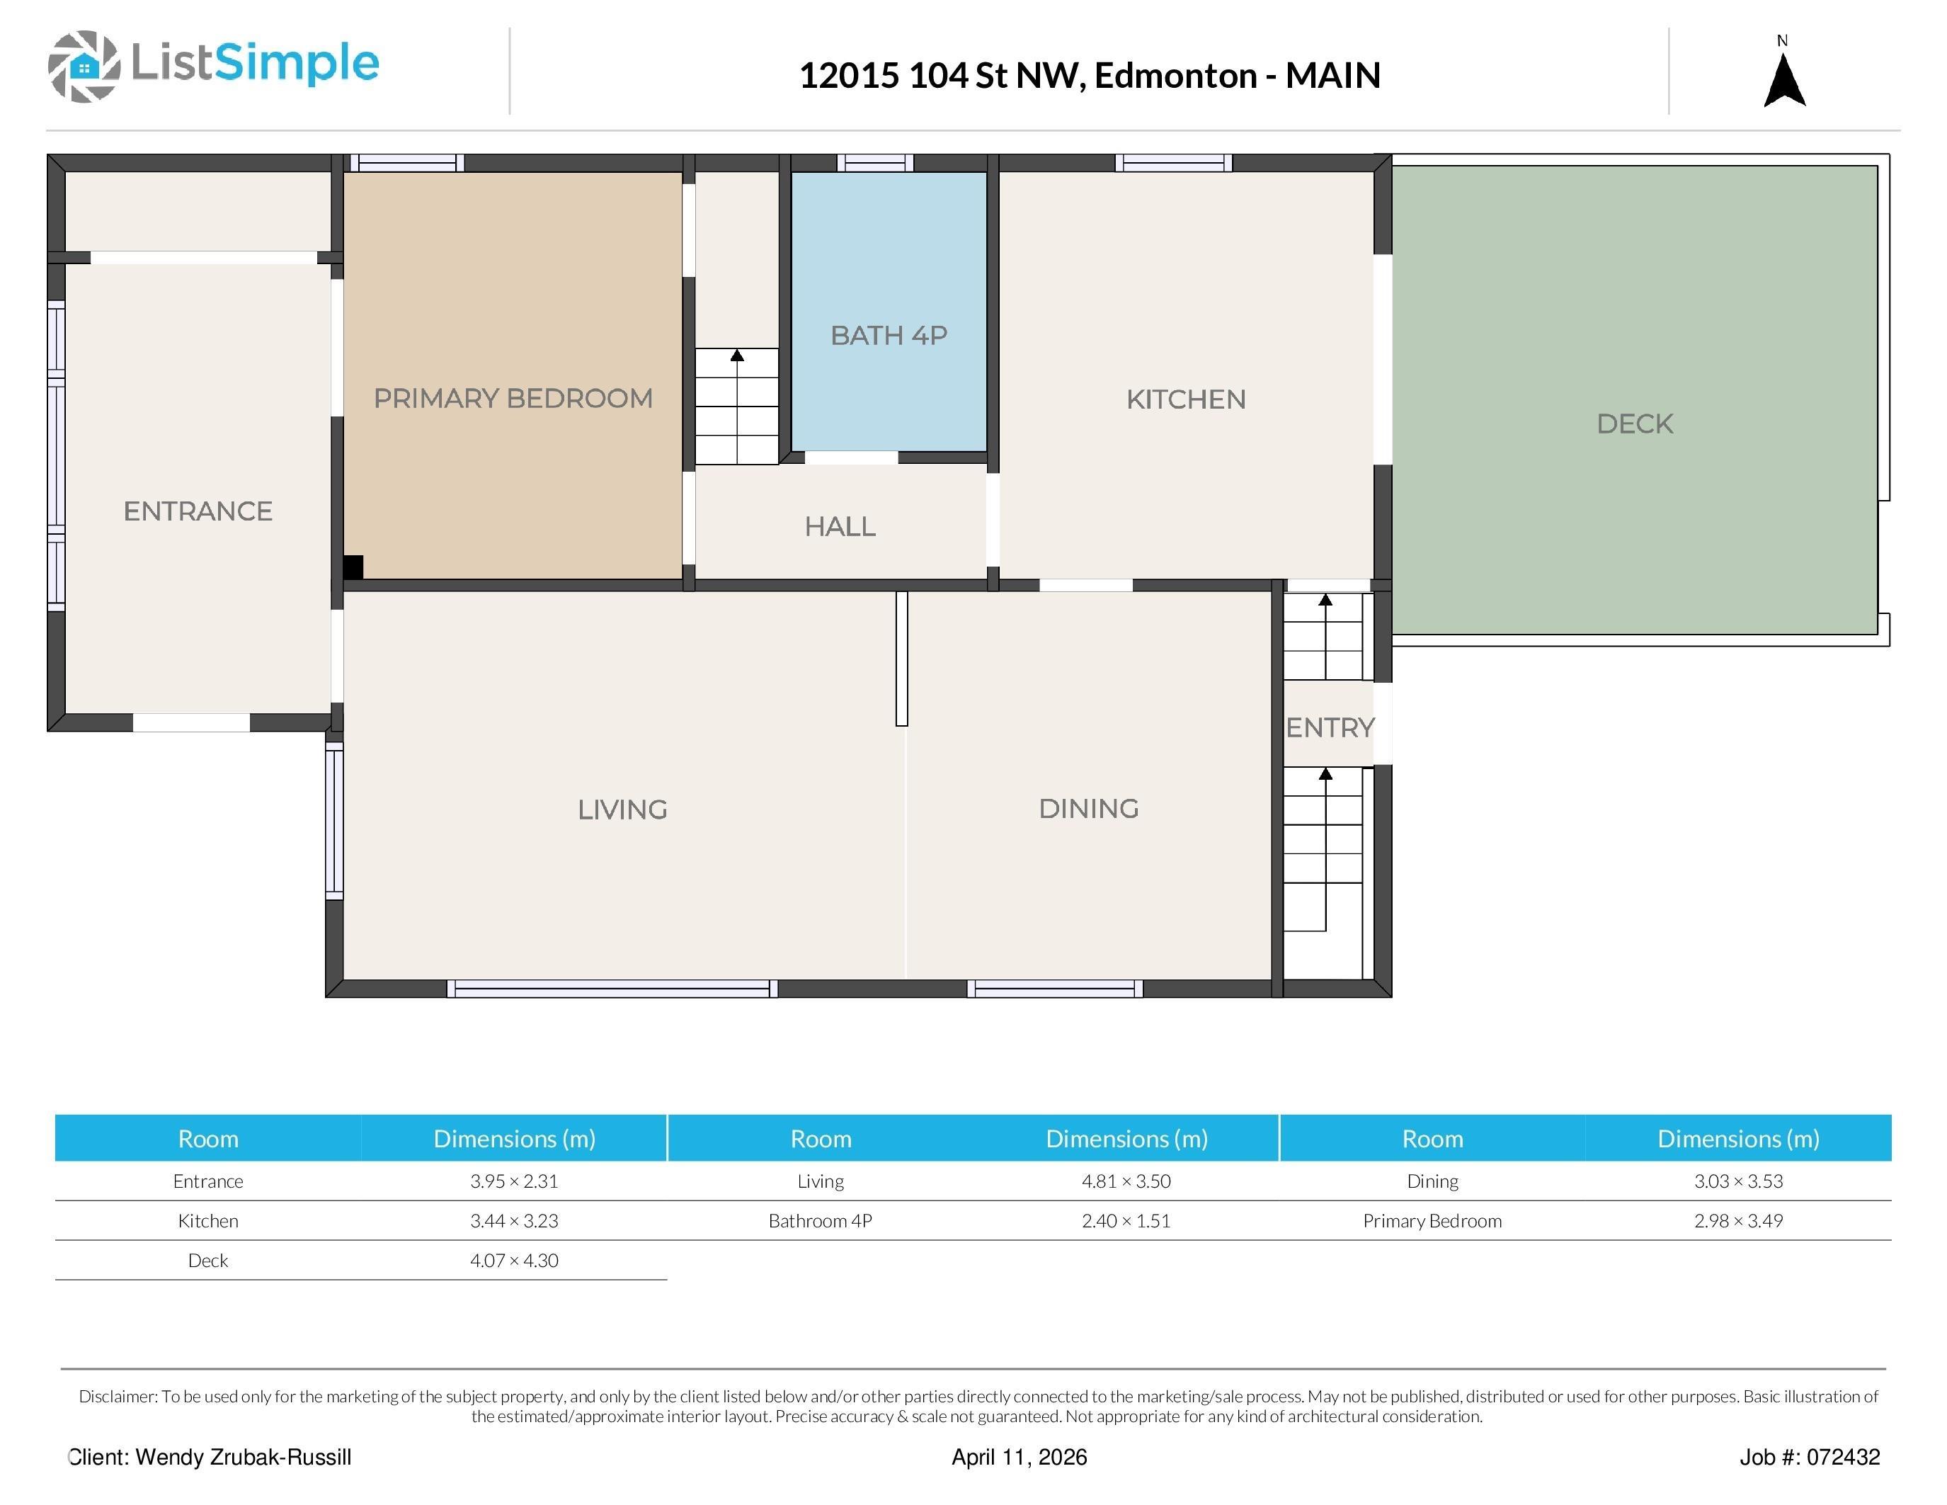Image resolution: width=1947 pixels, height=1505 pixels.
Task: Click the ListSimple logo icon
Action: click(84, 66)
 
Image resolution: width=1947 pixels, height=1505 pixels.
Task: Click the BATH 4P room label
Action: click(889, 335)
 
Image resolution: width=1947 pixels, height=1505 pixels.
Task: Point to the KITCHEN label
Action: click(1186, 399)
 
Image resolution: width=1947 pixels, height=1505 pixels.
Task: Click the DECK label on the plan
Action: click(1635, 424)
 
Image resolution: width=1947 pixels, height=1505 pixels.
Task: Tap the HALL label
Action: click(840, 527)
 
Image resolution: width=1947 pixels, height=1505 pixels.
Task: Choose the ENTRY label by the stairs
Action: click(1330, 727)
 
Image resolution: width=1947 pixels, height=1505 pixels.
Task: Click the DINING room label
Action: click(1088, 809)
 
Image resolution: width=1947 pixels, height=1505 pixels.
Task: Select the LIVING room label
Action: click(622, 810)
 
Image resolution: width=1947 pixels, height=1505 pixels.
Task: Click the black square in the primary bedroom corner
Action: click(353, 567)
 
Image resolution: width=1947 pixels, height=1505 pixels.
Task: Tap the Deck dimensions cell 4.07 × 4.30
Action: click(515, 1261)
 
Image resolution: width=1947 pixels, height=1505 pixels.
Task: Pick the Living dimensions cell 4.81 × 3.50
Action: click(1126, 1181)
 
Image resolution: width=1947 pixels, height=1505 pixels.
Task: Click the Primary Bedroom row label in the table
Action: click(1432, 1222)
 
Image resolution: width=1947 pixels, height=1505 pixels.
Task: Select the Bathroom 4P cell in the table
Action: click(820, 1222)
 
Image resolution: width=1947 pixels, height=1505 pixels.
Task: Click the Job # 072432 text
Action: click(1810, 1457)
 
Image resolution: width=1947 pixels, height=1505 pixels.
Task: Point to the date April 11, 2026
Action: click(1019, 1457)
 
